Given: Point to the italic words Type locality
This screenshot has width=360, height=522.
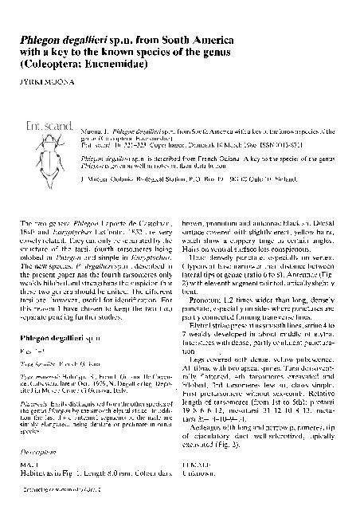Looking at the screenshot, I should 37,363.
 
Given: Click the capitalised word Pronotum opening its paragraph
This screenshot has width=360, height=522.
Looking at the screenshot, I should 205,290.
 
